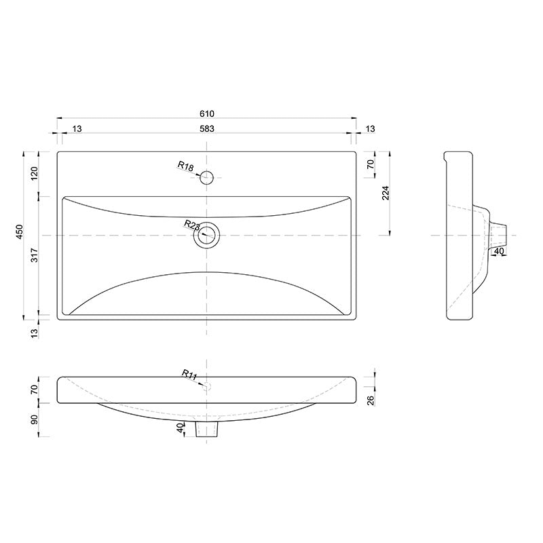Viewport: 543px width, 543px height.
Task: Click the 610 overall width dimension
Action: [x=207, y=113]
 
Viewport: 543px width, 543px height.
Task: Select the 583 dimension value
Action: [x=207, y=129]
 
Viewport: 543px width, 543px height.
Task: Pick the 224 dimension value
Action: [x=386, y=193]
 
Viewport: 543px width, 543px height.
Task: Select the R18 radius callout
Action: [x=185, y=166]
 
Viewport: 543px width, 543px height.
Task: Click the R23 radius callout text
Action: [x=191, y=225]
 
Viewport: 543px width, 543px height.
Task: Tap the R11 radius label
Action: [x=189, y=374]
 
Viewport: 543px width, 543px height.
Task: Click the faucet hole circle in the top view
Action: [x=207, y=178]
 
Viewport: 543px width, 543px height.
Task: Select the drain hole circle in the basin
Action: [x=207, y=236]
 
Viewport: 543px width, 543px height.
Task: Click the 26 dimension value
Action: [x=371, y=400]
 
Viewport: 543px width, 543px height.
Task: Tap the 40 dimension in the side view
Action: [x=499, y=252]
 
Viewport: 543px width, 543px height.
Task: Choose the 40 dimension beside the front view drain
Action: [x=180, y=429]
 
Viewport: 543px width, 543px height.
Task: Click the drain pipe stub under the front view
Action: [x=207, y=429]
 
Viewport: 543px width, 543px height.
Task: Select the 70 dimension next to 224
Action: [x=371, y=165]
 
